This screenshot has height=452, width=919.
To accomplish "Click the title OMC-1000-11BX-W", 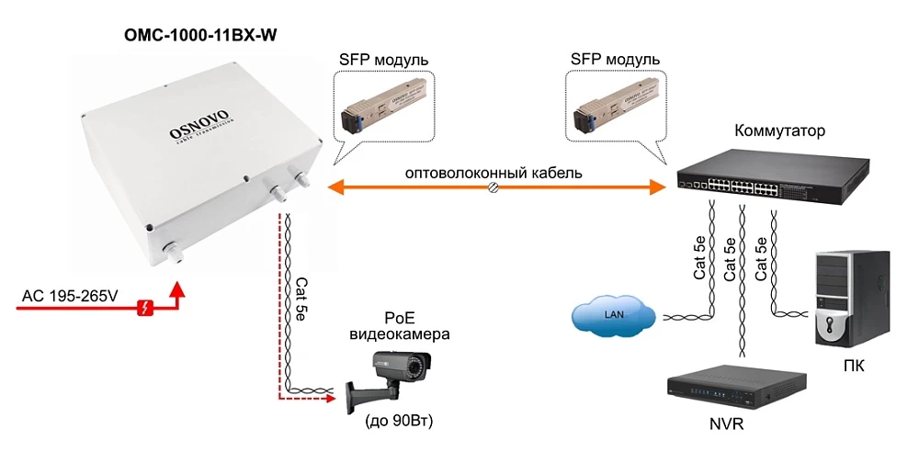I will pos(199,36).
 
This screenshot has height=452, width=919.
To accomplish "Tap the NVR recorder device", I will pos(736,391).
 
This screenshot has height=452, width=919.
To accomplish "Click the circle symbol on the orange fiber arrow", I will pos(494,187).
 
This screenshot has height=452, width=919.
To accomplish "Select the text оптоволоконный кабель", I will pos(494,172).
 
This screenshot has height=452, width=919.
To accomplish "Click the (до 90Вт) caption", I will pos(399,422).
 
